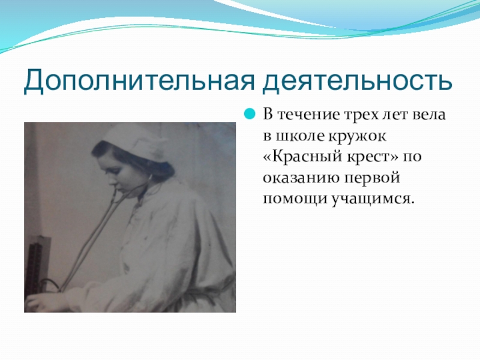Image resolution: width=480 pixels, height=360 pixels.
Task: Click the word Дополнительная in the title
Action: click(x=139, y=81)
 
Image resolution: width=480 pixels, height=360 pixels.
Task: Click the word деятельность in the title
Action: click(x=357, y=81)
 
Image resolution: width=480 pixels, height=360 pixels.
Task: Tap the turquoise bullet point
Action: click(x=250, y=115)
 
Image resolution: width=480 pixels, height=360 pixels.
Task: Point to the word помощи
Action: click(x=295, y=199)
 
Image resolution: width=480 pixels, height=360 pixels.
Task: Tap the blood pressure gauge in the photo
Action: click(x=36, y=264)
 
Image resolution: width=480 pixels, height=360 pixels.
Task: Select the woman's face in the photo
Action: click(x=115, y=172)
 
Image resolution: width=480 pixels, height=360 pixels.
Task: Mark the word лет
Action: click(x=396, y=115)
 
